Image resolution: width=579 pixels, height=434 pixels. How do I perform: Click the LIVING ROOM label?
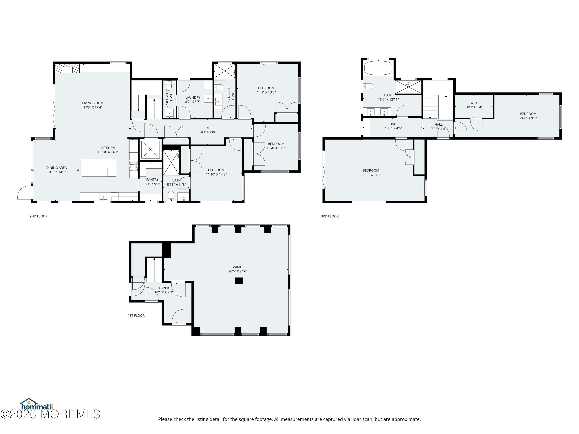coord(93,103)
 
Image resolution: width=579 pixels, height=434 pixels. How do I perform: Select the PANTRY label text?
coord(152,179)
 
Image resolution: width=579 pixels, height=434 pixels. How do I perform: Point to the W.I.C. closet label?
coord(475,103)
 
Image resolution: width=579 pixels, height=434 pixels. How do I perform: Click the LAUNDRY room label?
coord(193,98)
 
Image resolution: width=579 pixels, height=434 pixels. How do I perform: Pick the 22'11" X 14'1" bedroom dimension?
coord(371,175)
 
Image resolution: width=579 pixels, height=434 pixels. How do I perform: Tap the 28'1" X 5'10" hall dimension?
coord(208,132)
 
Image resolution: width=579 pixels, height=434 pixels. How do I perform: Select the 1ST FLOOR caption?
coord(136,316)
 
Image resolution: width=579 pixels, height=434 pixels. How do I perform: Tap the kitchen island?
coord(99,168)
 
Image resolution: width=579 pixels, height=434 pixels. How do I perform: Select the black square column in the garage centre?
coord(239,281)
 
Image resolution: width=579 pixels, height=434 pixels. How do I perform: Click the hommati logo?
coord(37,405)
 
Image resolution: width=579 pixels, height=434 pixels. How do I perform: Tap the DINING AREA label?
coord(57,168)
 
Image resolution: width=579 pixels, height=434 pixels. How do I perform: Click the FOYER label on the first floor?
coord(164,288)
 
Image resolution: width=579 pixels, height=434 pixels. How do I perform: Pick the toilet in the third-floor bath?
coord(368,86)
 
